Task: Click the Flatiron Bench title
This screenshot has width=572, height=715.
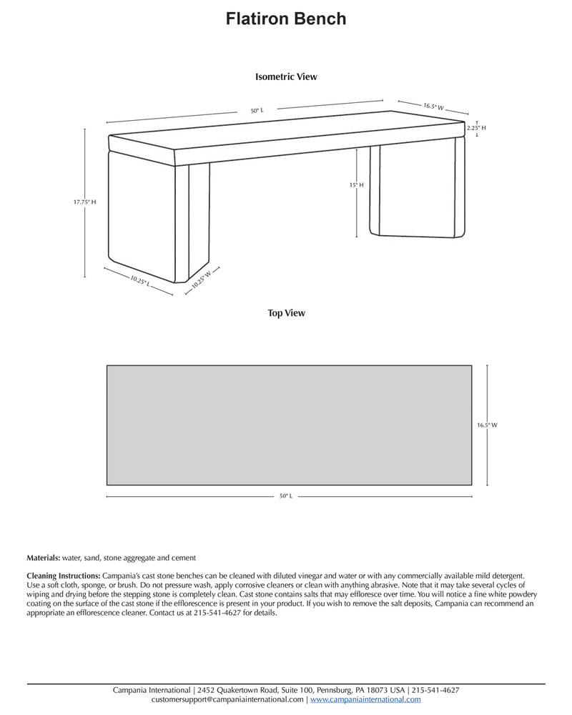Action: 286,19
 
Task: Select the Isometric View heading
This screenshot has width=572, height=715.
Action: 286,77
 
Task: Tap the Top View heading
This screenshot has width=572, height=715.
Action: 286,312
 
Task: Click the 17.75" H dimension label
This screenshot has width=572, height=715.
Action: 84,202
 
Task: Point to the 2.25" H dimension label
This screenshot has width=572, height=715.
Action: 476,127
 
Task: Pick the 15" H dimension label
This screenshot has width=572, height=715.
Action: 357,184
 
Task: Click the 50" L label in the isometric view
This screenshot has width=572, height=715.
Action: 257,111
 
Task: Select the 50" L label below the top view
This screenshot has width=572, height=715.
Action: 285,495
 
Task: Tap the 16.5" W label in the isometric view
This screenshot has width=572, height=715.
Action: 433,107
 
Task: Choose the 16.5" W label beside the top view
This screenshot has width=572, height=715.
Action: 487,425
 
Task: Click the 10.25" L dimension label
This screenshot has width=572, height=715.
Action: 140,282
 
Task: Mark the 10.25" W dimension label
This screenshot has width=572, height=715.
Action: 201,278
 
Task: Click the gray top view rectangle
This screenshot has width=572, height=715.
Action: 289,425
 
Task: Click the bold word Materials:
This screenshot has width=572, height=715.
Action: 44,558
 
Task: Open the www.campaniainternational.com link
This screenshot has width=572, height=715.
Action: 365,700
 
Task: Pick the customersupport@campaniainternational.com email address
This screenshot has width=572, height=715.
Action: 227,700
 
